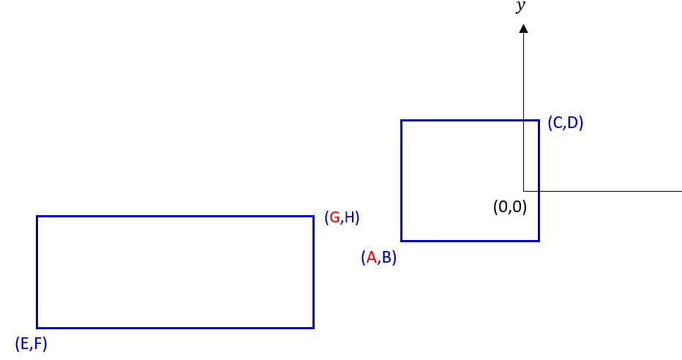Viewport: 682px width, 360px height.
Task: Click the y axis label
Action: (x=520, y=7)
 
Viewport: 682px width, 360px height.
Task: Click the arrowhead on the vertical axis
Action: (x=523, y=29)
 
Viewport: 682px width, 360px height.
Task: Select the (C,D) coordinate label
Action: (x=565, y=123)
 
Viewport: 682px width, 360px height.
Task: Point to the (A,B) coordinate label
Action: (x=378, y=258)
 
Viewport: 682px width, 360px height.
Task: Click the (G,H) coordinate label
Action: (x=342, y=217)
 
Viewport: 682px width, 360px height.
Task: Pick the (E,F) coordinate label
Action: (x=31, y=344)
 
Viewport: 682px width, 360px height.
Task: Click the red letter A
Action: (x=371, y=258)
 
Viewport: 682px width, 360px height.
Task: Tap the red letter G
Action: (x=334, y=217)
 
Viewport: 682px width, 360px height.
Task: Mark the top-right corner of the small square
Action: (x=539, y=121)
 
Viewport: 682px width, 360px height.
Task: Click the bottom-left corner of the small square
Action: (x=402, y=240)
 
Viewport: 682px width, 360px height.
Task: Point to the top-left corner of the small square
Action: (x=402, y=121)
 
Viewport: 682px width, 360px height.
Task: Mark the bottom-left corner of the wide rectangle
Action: (x=37, y=327)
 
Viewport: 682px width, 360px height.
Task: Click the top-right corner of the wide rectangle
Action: (x=313, y=217)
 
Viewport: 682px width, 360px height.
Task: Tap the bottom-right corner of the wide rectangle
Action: (x=313, y=327)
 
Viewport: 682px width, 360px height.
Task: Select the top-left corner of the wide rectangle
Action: (x=37, y=217)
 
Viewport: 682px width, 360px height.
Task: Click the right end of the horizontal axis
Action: (x=681, y=191)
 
